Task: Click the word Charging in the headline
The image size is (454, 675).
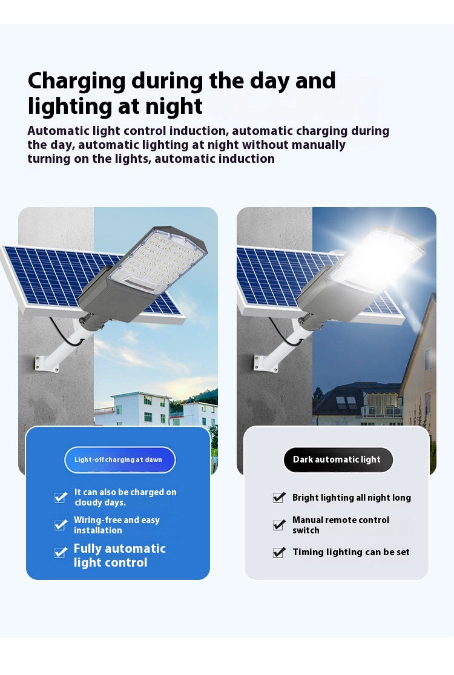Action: tap(77, 81)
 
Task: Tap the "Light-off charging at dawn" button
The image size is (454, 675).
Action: tap(119, 460)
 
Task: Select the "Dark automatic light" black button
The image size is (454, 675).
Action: tap(337, 460)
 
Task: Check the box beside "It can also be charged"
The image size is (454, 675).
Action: tap(61, 498)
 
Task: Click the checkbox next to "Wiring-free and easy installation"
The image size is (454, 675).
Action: tap(61, 525)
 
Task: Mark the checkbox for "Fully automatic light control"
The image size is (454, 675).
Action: tap(61, 553)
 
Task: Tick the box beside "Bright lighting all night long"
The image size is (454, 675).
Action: tap(279, 498)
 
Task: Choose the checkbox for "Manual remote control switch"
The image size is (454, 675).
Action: tap(279, 525)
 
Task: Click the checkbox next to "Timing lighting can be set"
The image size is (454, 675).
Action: tap(279, 552)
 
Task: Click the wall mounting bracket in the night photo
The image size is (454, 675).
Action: tap(266, 361)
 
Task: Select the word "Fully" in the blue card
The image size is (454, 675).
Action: tap(91, 548)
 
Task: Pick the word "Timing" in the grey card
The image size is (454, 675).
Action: tap(308, 552)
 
